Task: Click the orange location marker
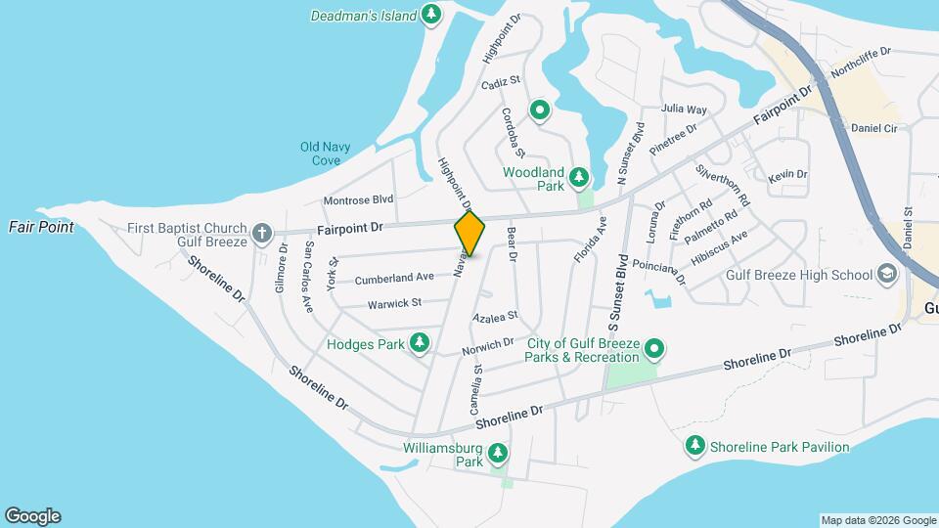point(469,233)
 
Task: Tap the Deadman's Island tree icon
point(431,15)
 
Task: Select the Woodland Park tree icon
point(580,176)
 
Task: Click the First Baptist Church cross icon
point(261,233)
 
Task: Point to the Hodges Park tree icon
point(420,342)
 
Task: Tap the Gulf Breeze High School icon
point(888,274)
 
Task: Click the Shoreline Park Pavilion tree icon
point(695,446)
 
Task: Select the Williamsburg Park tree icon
point(498,453)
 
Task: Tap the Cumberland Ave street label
point(394,279)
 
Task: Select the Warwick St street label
point(394,304)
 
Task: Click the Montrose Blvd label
point(358,199)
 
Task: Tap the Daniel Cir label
point(873,128)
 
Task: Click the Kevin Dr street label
point(787,175)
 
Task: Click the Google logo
point(33,516)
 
